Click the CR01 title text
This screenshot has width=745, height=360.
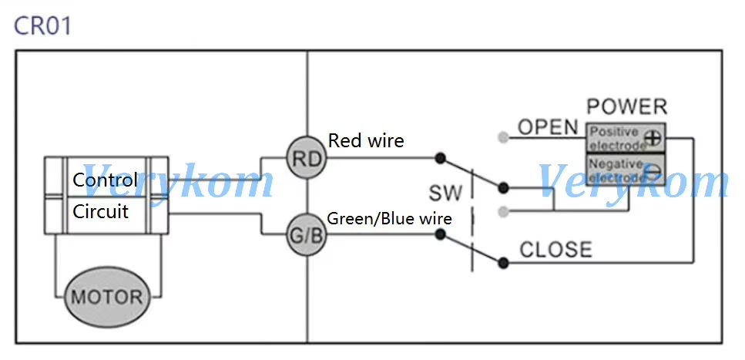click(x=43, y=25)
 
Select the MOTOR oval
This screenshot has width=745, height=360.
click(x=107, y=296)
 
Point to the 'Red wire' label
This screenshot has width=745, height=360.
click(x=366, y=140)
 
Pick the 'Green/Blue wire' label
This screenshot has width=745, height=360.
click(x=390, y=218)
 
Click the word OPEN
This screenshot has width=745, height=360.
click(x=548, y=127)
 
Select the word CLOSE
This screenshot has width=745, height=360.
click(x=555, y=250)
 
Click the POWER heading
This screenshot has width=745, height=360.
click(x=626, y=107)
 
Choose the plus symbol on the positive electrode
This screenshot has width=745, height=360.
click(x=653, y=139)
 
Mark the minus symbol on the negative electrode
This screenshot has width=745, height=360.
click(x=653, y=170)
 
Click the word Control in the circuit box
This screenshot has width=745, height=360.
click(x=105, y=180)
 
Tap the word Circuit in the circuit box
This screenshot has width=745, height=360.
click(x=101, y=210)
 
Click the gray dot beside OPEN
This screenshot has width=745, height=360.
click(x=503, y=138)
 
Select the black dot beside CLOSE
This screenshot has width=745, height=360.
click(x=503, y=263)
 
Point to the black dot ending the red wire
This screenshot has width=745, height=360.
click(x=439, y=158)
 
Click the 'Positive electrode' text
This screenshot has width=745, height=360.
click(x=614, y=139)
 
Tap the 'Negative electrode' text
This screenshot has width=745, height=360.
click(x=614, y=170)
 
